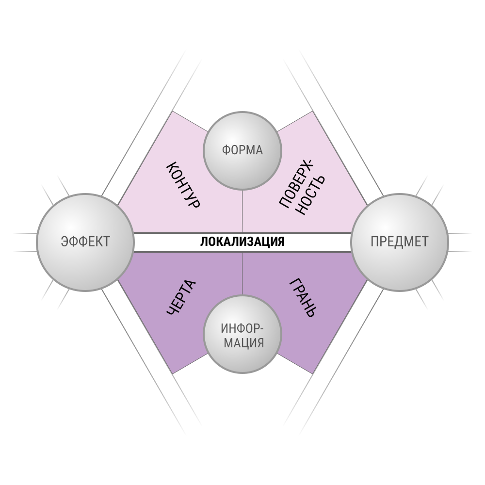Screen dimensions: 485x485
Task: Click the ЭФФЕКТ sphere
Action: tap(85, 242)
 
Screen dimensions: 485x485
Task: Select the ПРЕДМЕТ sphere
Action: tap(400, 242)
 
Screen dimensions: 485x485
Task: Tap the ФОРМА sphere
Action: tap(242, 151)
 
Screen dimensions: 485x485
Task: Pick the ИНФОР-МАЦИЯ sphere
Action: tap(242, 334)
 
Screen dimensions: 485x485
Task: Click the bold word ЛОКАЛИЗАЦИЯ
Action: tap(242, 242)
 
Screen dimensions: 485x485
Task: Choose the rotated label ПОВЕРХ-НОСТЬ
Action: tap(302, 187)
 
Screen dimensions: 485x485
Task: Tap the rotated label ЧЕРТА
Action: tap(181, 297)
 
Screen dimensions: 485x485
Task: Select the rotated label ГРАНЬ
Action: tap(303, 298)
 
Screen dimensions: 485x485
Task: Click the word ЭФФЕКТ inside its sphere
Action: tap(85, 242)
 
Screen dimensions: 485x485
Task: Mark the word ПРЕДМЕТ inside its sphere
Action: tap(400, 242)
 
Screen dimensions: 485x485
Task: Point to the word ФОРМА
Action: tap(242, 150)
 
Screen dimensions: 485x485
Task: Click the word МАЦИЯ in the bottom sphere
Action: tap(244, 343)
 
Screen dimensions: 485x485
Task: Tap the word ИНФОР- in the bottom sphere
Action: tap(242, 328)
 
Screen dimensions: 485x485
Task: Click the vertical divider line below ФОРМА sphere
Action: tap(242, 211)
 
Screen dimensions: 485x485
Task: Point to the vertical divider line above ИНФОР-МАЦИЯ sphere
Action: tap(242, 274)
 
